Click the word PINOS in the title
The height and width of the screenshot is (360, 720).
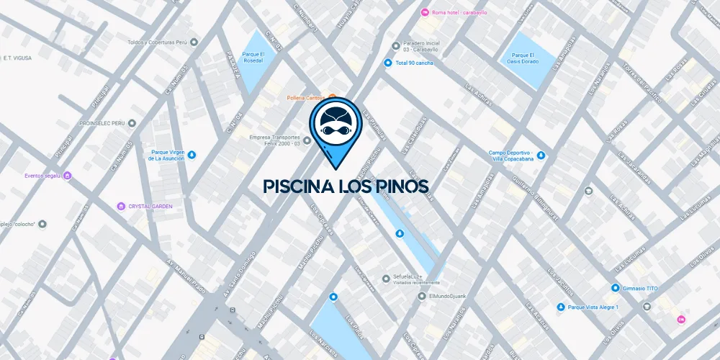coord(397,187)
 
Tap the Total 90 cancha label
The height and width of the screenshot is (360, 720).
coord(414,63)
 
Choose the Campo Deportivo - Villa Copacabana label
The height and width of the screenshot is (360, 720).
coord(510,156)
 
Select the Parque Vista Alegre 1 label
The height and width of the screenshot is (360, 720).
coord(593,307)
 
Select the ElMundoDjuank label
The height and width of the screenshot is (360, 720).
coord(448,296)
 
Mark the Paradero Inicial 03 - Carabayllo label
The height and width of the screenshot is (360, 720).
coord(428,46)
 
